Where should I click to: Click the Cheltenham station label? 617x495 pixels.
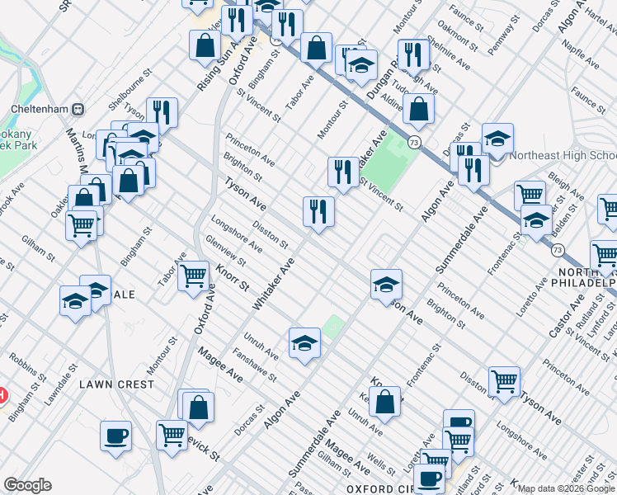pyautogui.click(x=38, y=108)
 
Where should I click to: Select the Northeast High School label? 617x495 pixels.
pyautogui.click(x=563, y=155)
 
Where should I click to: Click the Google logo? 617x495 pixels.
pyautogui.click(x=27, y=484)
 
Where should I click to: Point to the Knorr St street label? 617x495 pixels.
pyautogui.click(x=232, y=279)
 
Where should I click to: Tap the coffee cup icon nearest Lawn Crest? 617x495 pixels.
pyautogui.click(x=116, y=436)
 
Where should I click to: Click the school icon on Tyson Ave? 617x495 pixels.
pyautogui.click(x=386, y=285)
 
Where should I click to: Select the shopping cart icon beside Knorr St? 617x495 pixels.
pyautogui.click(x=193, y=277)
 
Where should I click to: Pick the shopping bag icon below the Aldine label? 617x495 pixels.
pyautogui.click(x=419, y=111)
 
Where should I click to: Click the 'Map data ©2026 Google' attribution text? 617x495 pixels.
pyautogui.click(x=566, y=488)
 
